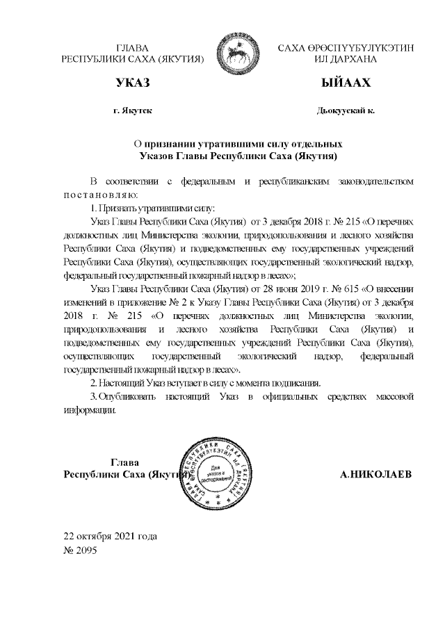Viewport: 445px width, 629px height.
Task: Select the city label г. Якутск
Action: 132,111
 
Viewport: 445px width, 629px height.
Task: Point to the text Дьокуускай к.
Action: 345,111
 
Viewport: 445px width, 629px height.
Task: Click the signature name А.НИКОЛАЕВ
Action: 375,475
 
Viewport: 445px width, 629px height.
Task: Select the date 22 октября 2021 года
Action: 111,537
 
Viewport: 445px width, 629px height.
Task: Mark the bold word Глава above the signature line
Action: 125,462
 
